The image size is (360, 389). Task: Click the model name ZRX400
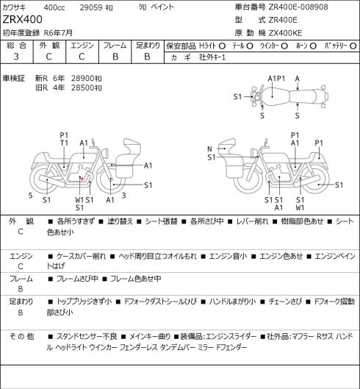22,19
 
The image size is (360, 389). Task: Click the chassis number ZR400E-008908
298,7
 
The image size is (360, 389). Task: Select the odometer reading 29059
91,7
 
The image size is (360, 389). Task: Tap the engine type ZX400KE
285,33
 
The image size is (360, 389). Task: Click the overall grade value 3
16,57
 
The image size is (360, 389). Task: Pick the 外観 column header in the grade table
49,46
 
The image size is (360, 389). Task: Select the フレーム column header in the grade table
115,46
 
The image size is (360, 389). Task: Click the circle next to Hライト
222,46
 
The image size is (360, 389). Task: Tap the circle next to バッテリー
353,46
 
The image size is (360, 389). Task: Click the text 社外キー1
212,57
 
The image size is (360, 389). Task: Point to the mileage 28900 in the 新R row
82,79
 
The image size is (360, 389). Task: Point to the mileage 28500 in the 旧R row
82,88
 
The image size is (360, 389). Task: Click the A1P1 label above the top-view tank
276,79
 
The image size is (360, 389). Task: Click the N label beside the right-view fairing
209,149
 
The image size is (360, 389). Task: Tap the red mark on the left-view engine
82,178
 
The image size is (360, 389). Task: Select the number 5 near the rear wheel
31,196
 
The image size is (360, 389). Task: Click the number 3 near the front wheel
123,196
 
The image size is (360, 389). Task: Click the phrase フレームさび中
77,279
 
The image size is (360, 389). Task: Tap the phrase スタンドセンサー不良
87,336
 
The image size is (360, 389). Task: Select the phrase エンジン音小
228,256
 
